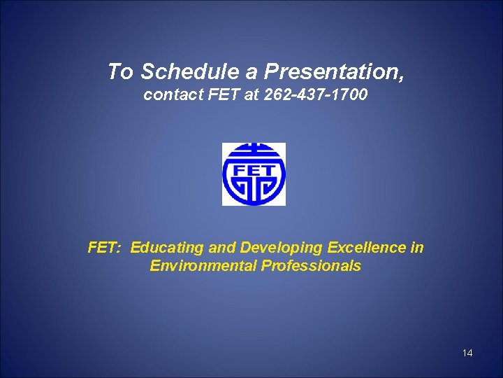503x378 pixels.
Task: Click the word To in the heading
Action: (120, 71)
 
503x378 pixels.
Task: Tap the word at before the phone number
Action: (251, 94)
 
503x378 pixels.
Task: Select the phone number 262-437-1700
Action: (316, 94)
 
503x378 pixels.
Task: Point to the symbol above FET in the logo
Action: (254, 152)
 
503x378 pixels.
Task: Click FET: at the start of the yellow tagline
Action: (105, 248)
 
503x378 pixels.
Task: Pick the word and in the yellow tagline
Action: (222, 248)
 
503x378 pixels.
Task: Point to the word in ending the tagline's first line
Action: (417, 248)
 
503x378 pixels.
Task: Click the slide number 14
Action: (467, 353)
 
